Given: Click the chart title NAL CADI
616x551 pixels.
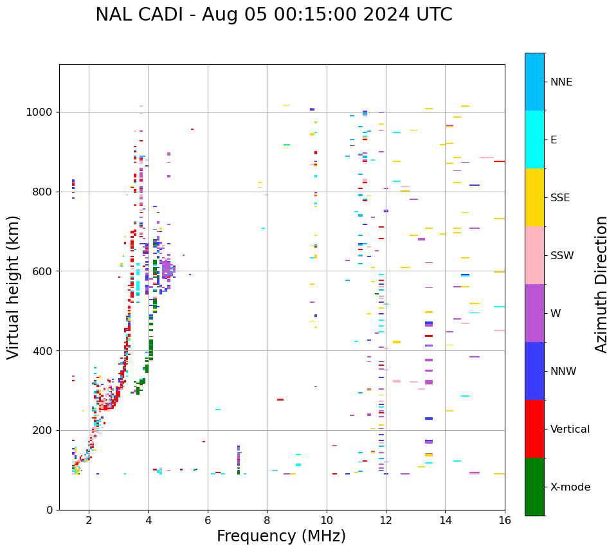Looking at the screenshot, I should [273, 15].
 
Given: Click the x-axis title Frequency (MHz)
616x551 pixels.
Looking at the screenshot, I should [281, 536].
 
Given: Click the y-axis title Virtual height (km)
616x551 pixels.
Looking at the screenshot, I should [14, 287].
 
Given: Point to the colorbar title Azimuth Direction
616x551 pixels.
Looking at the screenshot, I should [601, 284].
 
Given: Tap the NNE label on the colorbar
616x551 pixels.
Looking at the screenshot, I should [561, 82].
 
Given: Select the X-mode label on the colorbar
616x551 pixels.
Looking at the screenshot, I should [570, 487].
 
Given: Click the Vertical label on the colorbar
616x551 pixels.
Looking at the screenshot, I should [570, 429].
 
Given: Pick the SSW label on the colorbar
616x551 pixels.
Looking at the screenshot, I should [562, 256].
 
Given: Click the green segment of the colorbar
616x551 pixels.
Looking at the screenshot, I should [534, 487].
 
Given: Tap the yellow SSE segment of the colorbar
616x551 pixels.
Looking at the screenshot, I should [534, 197].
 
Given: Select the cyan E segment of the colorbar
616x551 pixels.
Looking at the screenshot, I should [534, 140].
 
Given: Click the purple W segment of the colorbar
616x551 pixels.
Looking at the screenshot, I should [534, 313].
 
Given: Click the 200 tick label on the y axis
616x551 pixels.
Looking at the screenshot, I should [44, 430].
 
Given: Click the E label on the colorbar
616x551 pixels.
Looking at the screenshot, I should [554, 140].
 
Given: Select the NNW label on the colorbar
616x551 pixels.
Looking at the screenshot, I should [563, 372].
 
